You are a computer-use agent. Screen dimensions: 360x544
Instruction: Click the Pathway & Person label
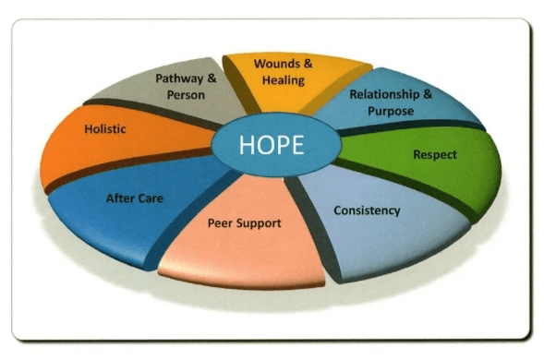pos(186,87)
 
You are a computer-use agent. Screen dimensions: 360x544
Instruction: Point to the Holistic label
pos(104,129)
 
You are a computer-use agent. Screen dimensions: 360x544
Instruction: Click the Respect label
pos(434,154)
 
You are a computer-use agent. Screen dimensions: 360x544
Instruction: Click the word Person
pos(186,95)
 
